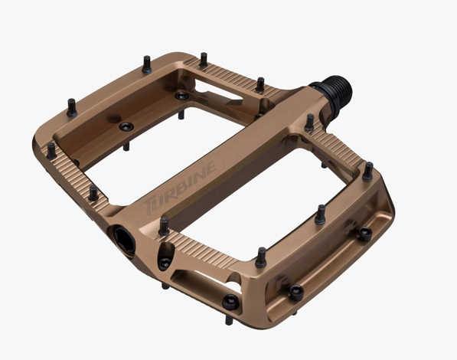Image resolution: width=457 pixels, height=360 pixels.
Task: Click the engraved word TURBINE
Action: click(178, 188)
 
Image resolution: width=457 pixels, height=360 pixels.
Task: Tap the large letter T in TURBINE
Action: click(148, 206)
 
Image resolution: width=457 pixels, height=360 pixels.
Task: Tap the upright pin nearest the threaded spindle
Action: click(309, 123)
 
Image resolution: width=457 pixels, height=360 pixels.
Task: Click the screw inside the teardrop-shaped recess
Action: click(165, 263)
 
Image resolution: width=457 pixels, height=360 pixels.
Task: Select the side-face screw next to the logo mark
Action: click(296, 293)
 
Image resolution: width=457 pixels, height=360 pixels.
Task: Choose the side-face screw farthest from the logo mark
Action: click(365, 234)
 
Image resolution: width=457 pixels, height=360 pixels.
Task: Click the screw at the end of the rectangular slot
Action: click(231, 302)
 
